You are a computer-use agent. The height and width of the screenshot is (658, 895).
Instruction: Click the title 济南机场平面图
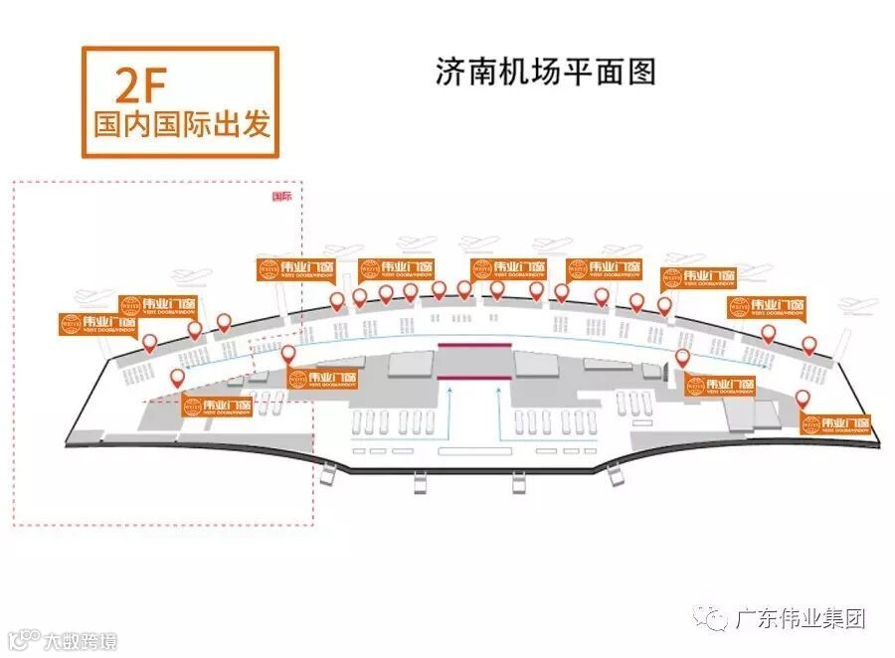coord(546,73)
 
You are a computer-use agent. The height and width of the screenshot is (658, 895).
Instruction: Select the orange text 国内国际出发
coord(181,126)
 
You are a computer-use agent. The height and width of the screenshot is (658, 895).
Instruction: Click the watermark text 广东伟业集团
coord(800,618)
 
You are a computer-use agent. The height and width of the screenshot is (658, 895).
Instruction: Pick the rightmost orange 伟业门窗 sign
coord(835,425)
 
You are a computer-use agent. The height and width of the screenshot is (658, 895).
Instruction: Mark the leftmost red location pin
coord(150,344)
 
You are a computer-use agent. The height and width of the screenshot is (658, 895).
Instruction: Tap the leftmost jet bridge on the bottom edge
coord(421,485)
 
